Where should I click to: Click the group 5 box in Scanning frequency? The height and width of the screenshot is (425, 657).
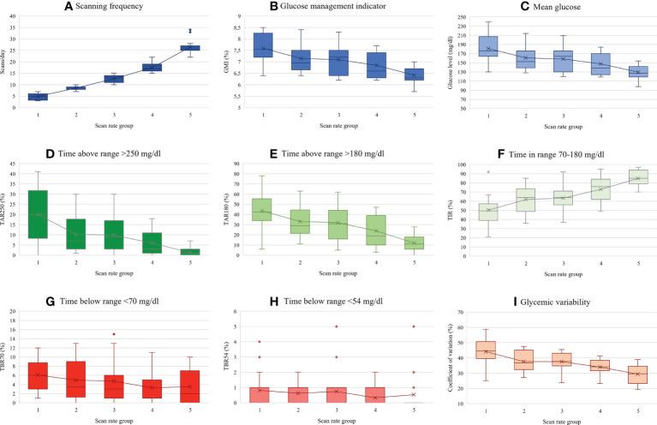pos(188,47)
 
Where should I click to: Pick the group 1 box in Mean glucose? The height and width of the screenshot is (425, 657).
pos(489,46)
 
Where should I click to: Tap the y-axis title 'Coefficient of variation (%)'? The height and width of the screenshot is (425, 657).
pos(451,355)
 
